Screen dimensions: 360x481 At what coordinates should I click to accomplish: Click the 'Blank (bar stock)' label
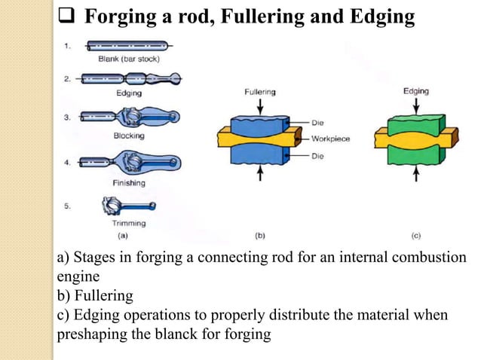129,59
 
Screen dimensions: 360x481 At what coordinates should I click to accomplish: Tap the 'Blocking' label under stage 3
129,136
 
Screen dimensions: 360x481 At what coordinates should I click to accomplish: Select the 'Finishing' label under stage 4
129,183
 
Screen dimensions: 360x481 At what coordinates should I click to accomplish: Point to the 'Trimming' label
129,224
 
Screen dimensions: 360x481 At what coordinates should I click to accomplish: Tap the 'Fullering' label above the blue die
260,92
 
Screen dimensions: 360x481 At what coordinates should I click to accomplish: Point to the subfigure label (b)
260,235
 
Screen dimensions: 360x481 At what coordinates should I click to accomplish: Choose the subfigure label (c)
415,235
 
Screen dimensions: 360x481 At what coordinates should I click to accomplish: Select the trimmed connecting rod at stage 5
129,206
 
